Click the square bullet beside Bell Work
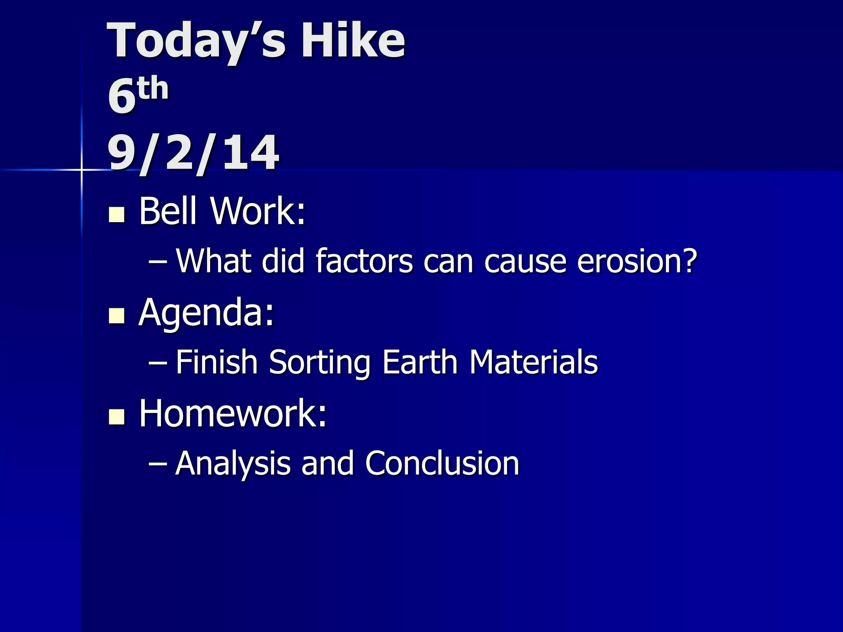coord(116,214)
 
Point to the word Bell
coord(168,211)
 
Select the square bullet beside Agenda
coord(116,316)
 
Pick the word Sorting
coord(319,362)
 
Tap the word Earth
coord(420,362)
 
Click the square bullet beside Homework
coord(116,417)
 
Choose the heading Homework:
coord(233,414)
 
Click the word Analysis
coord(233,464)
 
